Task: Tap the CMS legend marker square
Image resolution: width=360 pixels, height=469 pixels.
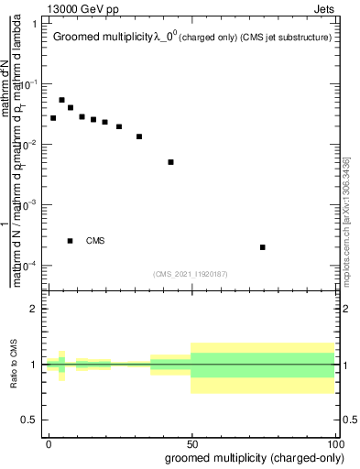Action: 71,241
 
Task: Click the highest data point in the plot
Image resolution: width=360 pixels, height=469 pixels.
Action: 61,100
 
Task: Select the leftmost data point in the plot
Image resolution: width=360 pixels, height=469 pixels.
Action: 53,118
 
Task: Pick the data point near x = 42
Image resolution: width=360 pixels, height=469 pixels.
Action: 170,162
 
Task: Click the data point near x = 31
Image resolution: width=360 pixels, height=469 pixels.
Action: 139,136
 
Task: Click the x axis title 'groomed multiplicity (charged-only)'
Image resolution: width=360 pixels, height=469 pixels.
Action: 250,457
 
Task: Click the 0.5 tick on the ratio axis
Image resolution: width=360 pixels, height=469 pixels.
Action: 30,420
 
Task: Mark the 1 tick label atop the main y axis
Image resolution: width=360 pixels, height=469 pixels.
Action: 34,23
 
